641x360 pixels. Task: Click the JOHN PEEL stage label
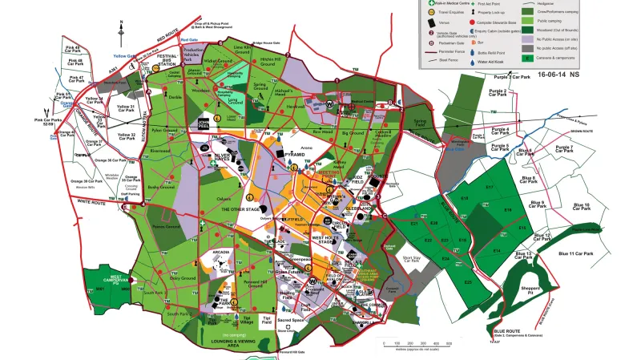(x=204, y=123)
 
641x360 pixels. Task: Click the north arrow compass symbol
(x=121, y=32)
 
